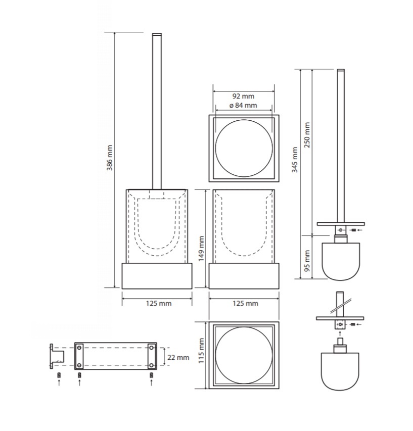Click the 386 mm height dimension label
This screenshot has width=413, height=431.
click(x=110, y=158)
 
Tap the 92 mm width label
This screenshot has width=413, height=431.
click(x=243, y=96)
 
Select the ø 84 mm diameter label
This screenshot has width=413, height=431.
click(x=243, y=105)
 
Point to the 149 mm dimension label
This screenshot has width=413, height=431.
click(x=201, y=249)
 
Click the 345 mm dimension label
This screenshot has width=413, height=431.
click(x=295, y=160)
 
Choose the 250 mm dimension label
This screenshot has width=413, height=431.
click(x=307, y=135)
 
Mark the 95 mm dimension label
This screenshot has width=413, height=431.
click(x=307, y=261)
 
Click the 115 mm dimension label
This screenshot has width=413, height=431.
click(x=201, y=351)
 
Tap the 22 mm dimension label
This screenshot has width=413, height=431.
click(x=178, y=358)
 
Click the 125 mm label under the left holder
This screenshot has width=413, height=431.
click(x=159, y=304)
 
